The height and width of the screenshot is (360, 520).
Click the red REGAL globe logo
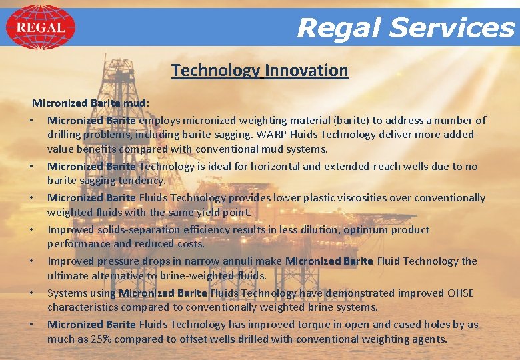click(x=41, y=27)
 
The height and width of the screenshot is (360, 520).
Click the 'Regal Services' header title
click(x=405, y=28)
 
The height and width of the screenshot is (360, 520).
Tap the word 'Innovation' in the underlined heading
click(x=307, y=71)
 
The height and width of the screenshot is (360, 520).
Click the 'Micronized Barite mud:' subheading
click(x=91, y=103)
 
